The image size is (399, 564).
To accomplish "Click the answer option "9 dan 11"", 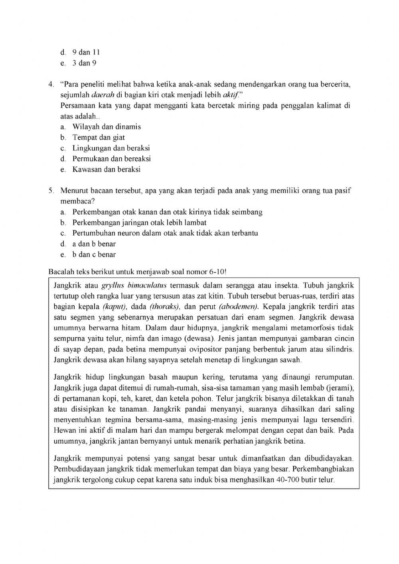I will click(86, 52).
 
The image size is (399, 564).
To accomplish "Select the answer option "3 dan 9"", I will click(84, 63).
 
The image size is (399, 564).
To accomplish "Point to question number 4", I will click(51, 84).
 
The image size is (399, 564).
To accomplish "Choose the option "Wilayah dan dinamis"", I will click(107, 127).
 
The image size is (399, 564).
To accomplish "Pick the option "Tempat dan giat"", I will click(99, 137).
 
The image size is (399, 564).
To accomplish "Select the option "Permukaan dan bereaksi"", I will click(112, 158).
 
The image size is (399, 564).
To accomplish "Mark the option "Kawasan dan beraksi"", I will click(107, 169).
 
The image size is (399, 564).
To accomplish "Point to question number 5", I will click(51, 190).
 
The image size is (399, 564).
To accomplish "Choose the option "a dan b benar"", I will click(94, 244).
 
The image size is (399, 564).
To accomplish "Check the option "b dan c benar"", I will click(94, 254).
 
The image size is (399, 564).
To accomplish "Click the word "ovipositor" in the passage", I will click(199, 349).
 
